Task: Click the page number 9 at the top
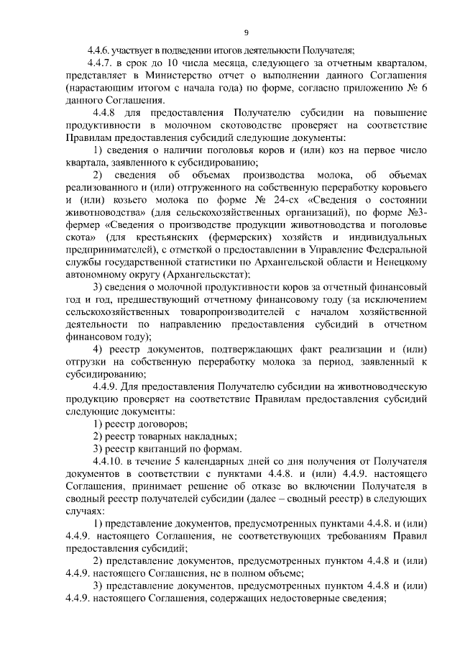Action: (x=247, y=32)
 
